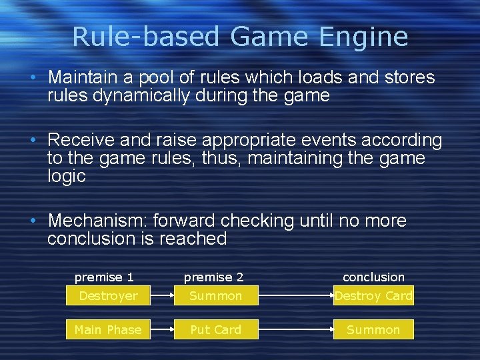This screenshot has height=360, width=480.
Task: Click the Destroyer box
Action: (x=108, y=295)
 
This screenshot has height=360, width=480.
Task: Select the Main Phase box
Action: (x=108, y=329)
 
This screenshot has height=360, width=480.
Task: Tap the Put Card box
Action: (x=216, y=329)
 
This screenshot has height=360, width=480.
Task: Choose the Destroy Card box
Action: (x=373, y=295)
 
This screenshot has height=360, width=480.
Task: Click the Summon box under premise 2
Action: (x=216, y=295)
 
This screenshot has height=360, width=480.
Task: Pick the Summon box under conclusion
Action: (x=373, y=329)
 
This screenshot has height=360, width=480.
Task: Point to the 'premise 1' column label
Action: (x=104, y=277)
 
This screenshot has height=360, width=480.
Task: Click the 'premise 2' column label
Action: (x=213, y=277)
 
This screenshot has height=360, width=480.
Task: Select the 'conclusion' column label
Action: (x=373, y=277)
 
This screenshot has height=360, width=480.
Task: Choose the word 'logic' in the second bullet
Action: (x=66, y=176)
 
